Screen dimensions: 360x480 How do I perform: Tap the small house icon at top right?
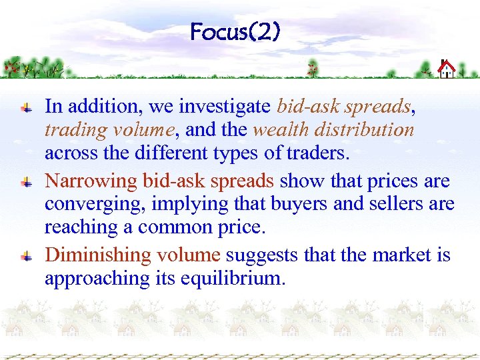tap(446, 69)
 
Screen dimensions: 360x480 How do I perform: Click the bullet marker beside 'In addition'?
tap(25, 106)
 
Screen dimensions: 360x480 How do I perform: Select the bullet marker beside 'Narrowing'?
tap(25, 181)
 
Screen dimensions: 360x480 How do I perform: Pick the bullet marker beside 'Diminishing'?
tap(25, 255)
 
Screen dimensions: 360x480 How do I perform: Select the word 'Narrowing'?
tap(93, 181)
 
